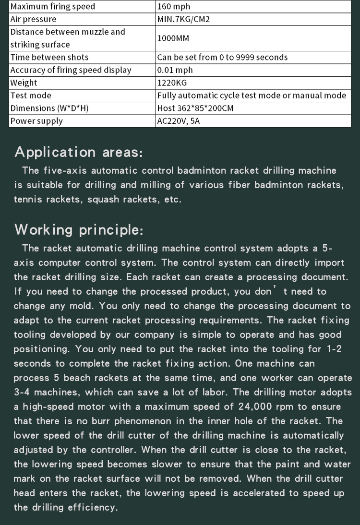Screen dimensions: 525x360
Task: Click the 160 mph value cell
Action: coord(174,7)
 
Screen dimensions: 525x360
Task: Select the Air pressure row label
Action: coord(33,19)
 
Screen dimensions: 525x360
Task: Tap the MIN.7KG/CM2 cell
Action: coord(183,19)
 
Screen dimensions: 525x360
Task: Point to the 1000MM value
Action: coord(175,38)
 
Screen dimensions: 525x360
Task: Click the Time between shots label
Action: coord(49,57)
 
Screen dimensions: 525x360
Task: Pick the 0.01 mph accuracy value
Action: coord(175,70)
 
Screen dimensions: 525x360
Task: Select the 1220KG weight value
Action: coord(172,83)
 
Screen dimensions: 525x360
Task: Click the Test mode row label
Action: coord(31,95)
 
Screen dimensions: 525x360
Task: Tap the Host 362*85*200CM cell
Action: coord(195,108)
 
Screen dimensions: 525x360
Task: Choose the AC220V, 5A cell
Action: coord(179,121)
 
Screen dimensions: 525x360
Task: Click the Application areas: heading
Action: coord(79,152)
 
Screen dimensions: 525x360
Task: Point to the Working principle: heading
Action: coord(79,230)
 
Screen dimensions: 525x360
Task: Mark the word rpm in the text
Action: coord(289,406)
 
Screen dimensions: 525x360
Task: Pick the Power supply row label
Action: coord(36,121)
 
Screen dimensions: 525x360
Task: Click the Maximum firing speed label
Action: coord(53,7)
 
